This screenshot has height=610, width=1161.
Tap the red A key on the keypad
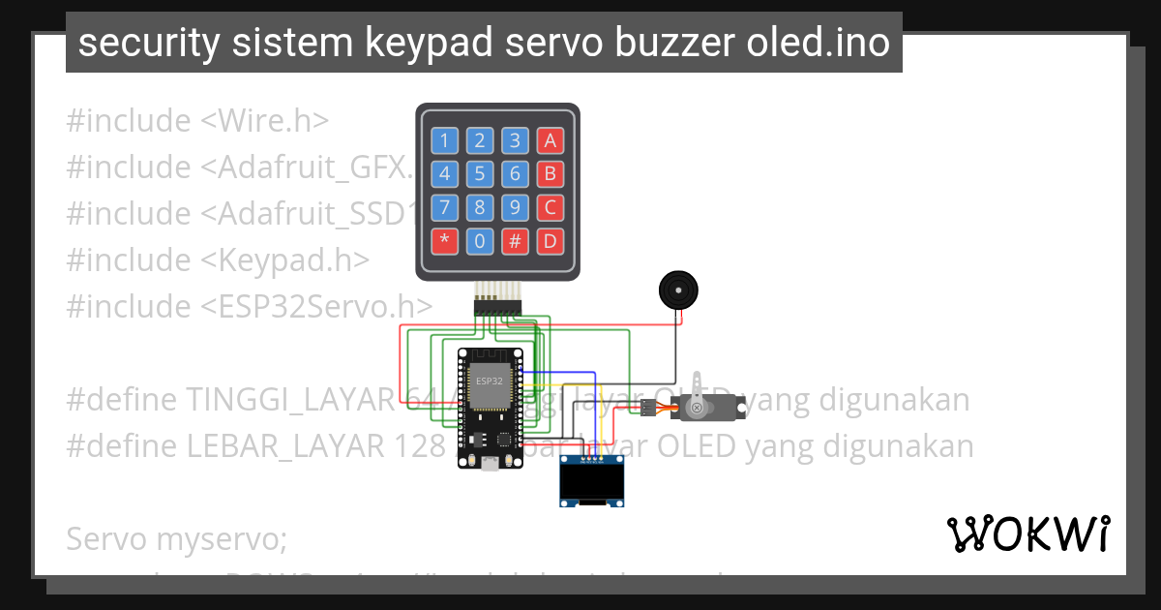click(551, 140)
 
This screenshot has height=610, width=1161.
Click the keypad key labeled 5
click(480, 174)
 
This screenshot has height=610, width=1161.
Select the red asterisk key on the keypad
click(444, 241)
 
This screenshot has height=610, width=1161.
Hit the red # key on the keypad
click(515, 241)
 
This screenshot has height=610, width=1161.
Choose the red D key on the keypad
click(551, 241)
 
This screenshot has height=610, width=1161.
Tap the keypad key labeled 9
click(515, 207)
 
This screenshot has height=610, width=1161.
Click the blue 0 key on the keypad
click(480, 241)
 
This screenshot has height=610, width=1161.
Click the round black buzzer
click(678, 290)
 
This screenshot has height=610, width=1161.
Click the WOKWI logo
click(1027, 534)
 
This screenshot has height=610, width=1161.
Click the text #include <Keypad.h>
click(218, 259)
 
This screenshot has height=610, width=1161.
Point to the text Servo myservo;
click(176, 538)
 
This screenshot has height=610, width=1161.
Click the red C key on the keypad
click(551, 207)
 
